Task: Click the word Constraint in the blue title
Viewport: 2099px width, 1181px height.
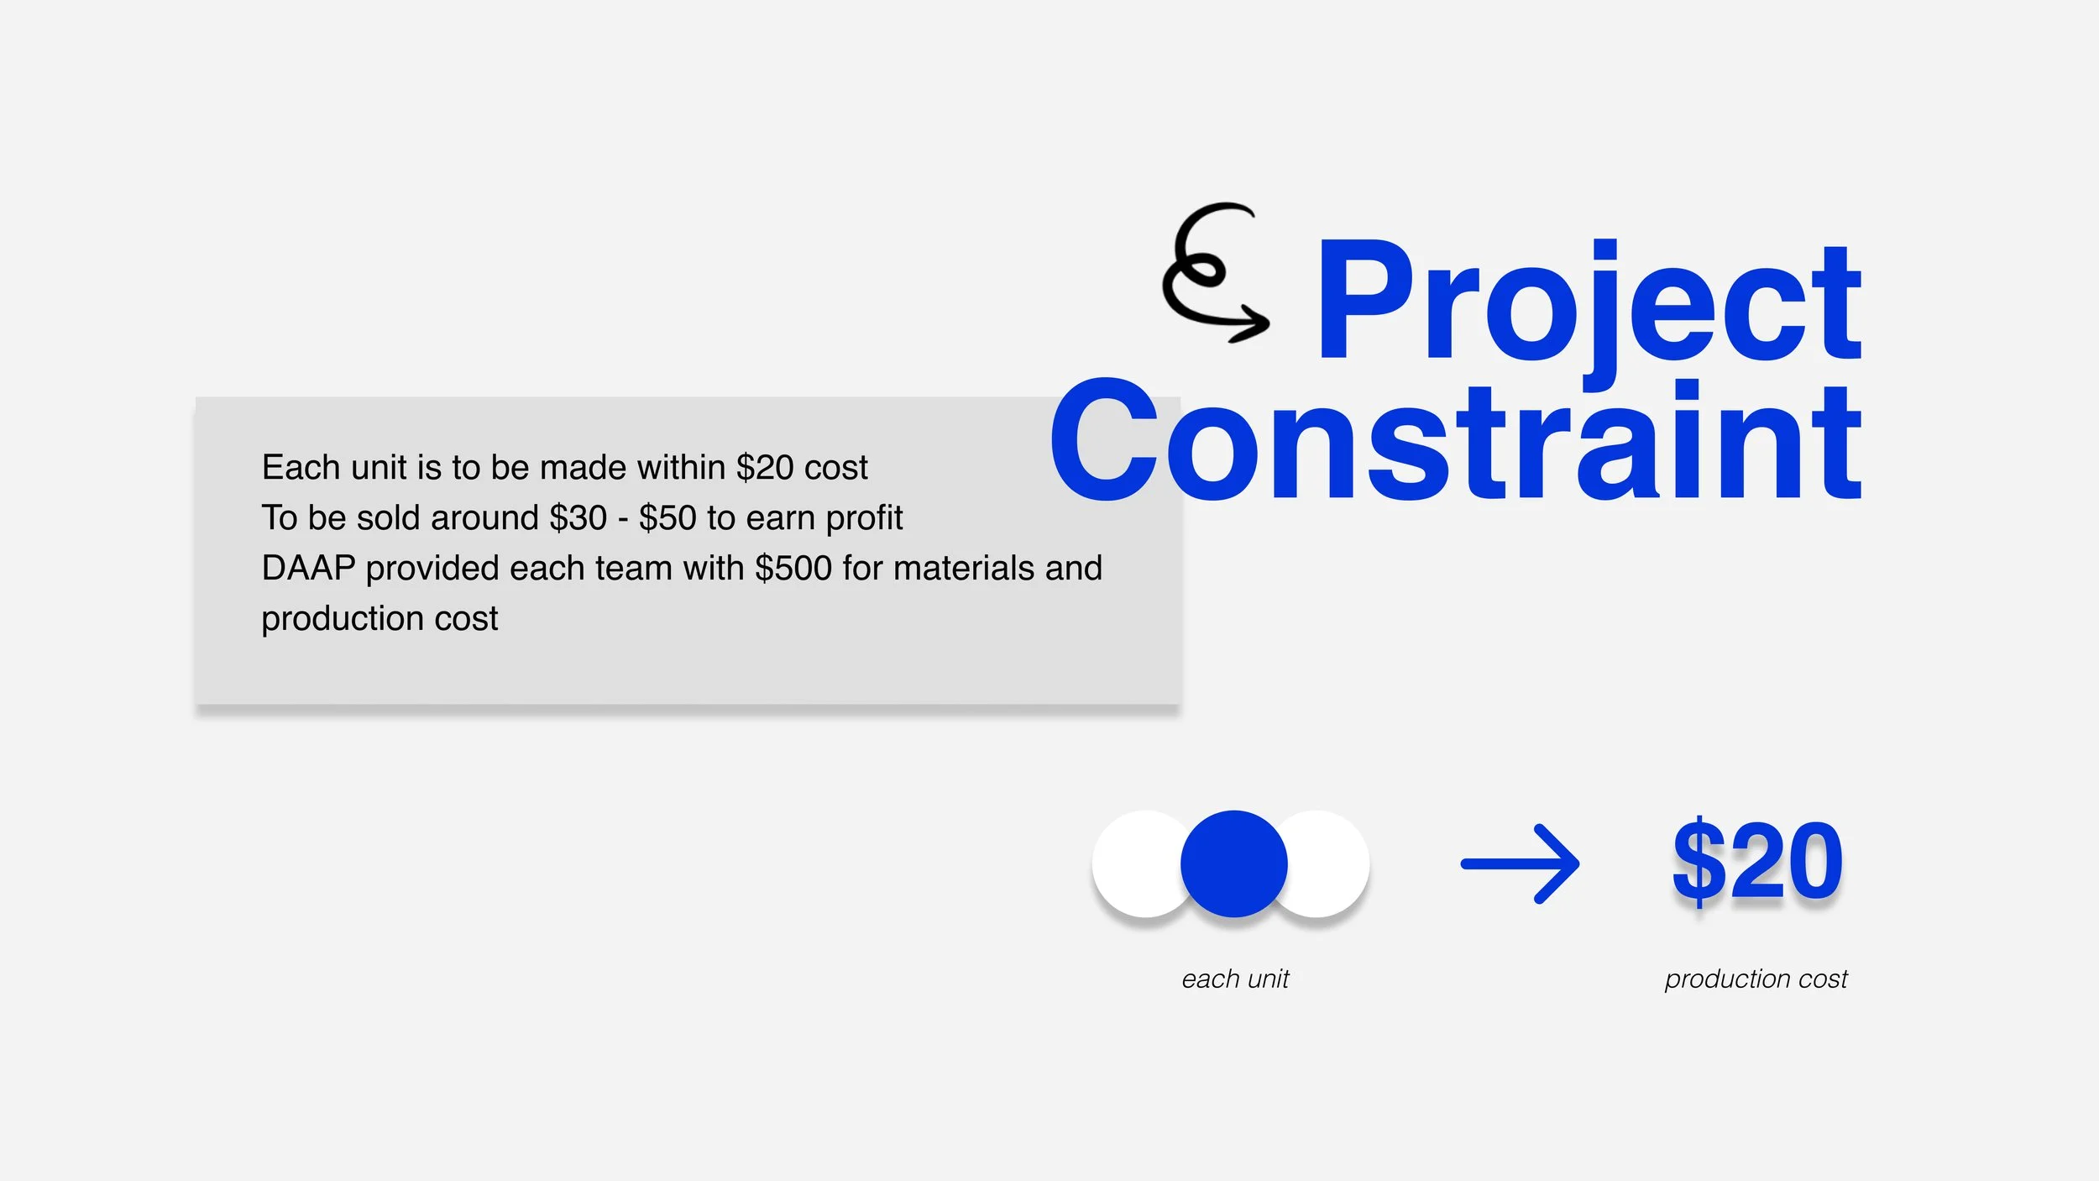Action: (x=1456, y=439)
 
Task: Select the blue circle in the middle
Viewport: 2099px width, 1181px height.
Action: (x=1233, y=863)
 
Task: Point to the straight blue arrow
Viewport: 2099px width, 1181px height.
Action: (x=1520, y=863)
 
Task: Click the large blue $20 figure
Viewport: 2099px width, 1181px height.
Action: (x=1757, y=861)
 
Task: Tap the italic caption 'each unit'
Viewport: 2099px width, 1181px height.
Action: (x=1235, y=979)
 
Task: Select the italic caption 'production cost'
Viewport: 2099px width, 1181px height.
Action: (x=1756, y=979)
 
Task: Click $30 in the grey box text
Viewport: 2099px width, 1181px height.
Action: (x=578, y=517)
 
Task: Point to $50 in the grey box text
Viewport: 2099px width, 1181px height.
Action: (x=667, y=517)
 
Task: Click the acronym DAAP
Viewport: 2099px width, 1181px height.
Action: (x=308, y=568)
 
